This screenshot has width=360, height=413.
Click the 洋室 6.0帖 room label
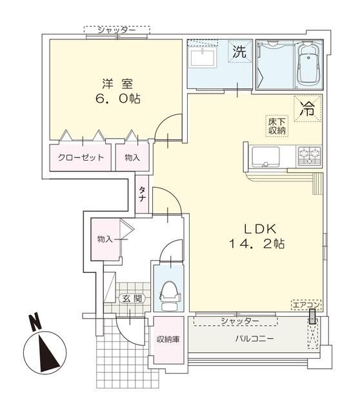pos(117,92)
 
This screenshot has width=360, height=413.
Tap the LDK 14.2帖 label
pos(257,236)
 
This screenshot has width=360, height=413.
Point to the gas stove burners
pos(310,156)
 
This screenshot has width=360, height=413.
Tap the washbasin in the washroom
pos(202,57)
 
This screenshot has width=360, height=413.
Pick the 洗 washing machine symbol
pos(239,51)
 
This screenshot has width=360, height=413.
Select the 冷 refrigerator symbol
pos(308,108)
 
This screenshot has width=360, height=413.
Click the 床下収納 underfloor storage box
pos(277,126)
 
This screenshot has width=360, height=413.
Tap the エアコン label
pos(306,305)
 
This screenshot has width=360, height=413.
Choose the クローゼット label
pos(80,157)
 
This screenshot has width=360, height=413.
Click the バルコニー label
pos(255,338)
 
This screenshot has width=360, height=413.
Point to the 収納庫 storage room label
pos(168,339)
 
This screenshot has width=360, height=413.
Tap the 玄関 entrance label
pos(132,298)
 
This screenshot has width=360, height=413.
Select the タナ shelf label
pos(142,194)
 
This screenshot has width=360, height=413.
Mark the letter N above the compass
pos(35,322)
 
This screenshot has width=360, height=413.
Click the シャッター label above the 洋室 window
pos(117,30)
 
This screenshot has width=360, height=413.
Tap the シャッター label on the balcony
pos(239,321)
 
